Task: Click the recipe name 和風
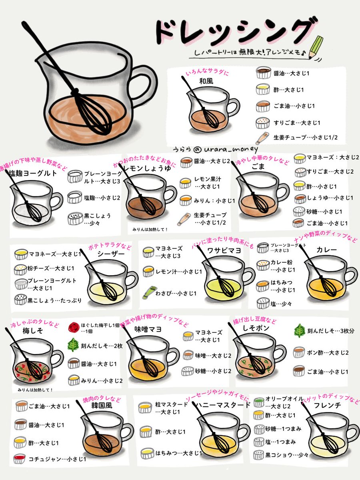pos(206,81)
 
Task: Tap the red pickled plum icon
pos(74,328)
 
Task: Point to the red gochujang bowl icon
pos(19,459)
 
